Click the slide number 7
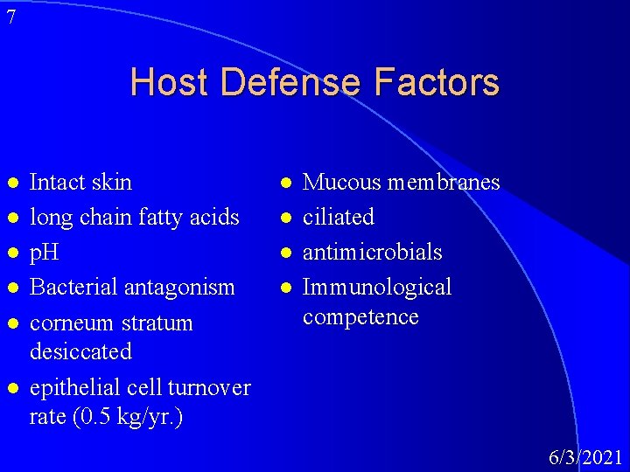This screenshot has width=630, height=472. (x=10, y=17)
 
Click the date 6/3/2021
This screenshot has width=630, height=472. (x=585, y=456)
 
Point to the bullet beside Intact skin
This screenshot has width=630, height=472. (x=11, y=183)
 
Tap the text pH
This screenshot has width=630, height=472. (x=44, y=253)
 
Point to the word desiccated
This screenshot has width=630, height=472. (x=80, y=351)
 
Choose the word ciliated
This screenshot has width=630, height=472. (x=338, y=217)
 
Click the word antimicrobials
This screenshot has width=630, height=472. (x=372, y=252)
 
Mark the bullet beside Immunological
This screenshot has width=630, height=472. (x=285, y=288)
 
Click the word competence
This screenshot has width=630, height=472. (x=360, y=316)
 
